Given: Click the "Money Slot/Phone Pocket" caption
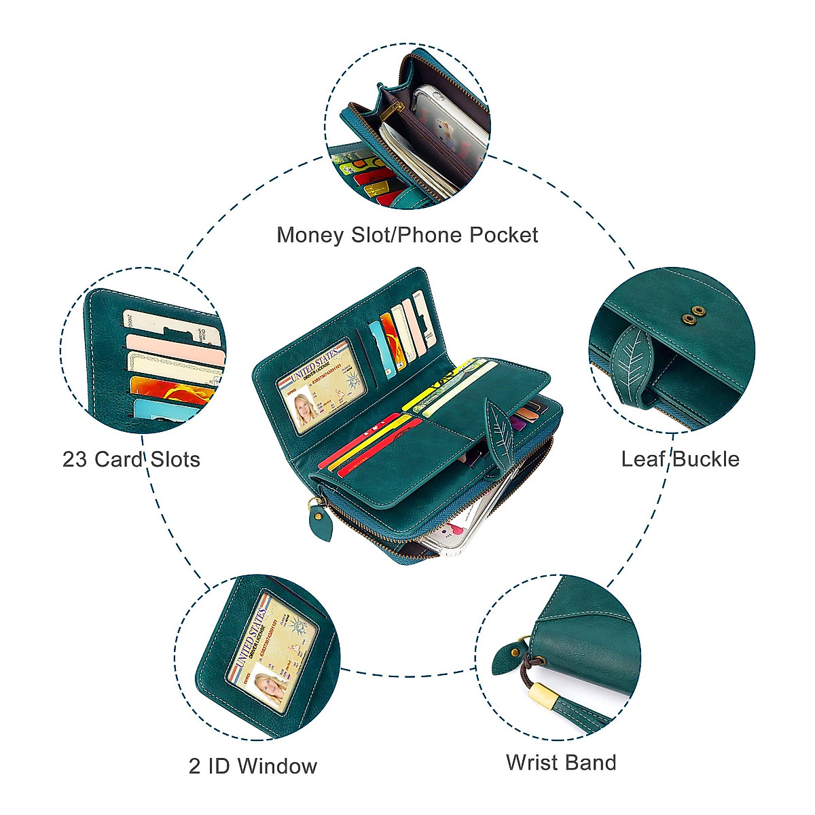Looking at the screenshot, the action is click(407, 235).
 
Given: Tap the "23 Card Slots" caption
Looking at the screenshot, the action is click(131, 459).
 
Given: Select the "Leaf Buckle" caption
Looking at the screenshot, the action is click(680, 459).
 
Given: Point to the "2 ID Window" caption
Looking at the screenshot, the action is click(253, 766).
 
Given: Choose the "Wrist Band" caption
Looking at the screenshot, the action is click(561, 762).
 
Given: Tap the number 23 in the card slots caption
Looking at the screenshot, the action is click(75, 459).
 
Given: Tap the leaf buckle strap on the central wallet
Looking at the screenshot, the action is click(501, 435).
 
